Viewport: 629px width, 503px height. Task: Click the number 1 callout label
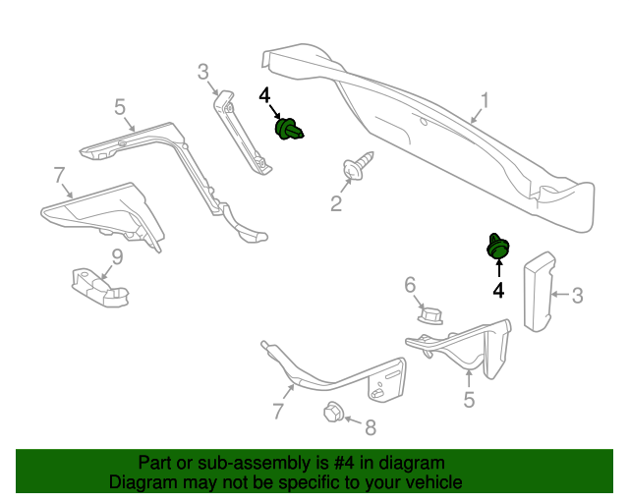[486, 100]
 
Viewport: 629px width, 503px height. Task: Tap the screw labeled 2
[357, 165]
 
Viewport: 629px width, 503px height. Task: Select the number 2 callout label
[336, 203]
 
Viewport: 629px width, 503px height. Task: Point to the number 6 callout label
[410, 285]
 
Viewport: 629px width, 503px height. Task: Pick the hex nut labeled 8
[333, 412]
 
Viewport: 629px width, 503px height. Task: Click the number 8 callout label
[371, 427]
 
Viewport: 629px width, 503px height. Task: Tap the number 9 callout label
[117, 257]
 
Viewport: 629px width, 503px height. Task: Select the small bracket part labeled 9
[99, 288]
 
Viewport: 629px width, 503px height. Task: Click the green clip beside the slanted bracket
[288, 129]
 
